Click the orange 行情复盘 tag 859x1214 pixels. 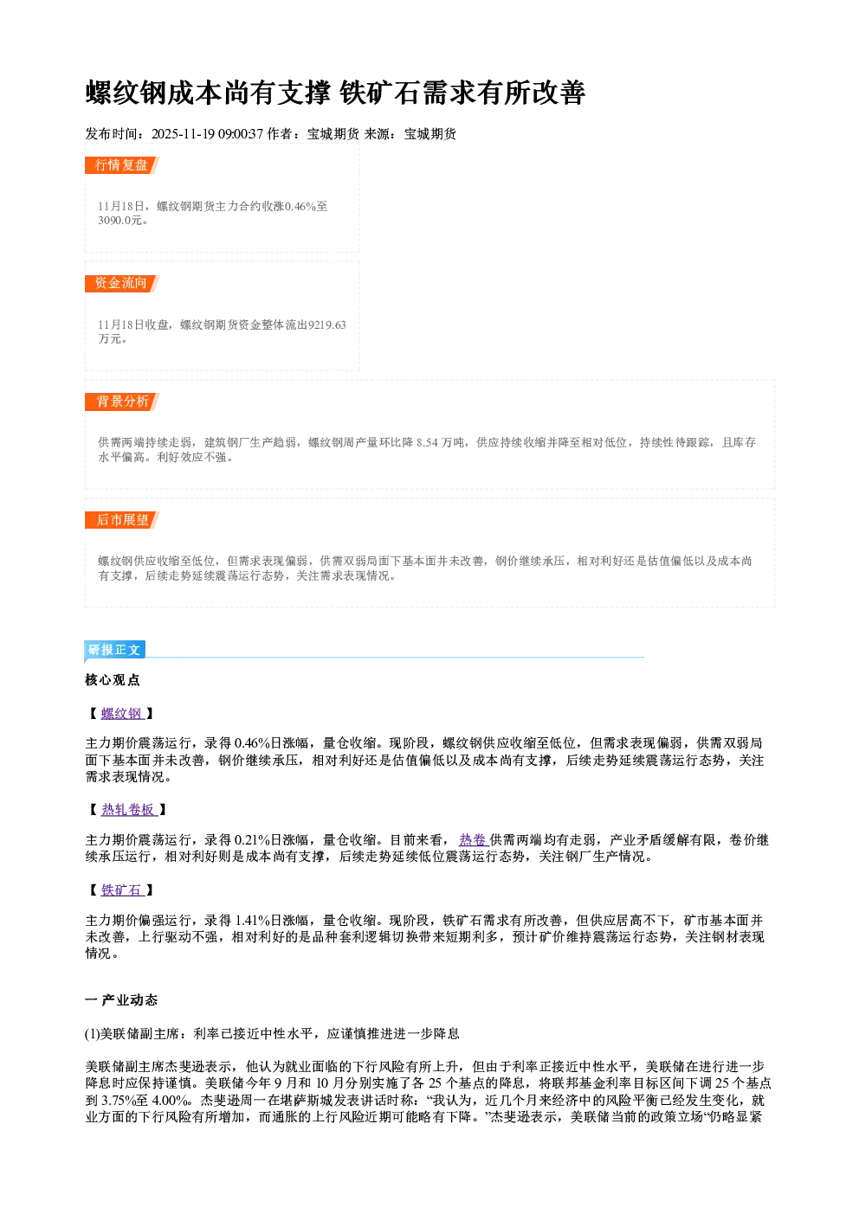pyautogui.click(x=121, y=164)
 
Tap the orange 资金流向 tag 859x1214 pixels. pyautogui.click(x=121, y=283)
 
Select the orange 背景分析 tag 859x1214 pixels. pyautogui.click(x=121, y=401)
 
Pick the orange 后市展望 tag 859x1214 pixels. pyautogui.click(x=121, y=520)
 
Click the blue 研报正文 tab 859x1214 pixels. pyautogui.click(x=114, y=649)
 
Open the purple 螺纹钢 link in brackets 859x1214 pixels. pyautogui.click(x=122, y=713)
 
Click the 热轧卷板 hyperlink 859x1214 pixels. pyautogui.click(x=129, y=809)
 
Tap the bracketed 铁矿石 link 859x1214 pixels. pyautogui.click(x=122, y=890)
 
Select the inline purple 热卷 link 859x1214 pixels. pyautogui.click(x=474, y=840)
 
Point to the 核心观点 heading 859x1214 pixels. pyautogui.click(x=113, y=679)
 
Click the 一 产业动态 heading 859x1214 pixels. pyautogui.click(x=121, y=1000)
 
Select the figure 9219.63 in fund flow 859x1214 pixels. pyautogui.click(x=326, y=324)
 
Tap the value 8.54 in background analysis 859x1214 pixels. pyautogui.click(x=427, y=442)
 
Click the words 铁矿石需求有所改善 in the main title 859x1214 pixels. pyautogui.click(x=462, y=92)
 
